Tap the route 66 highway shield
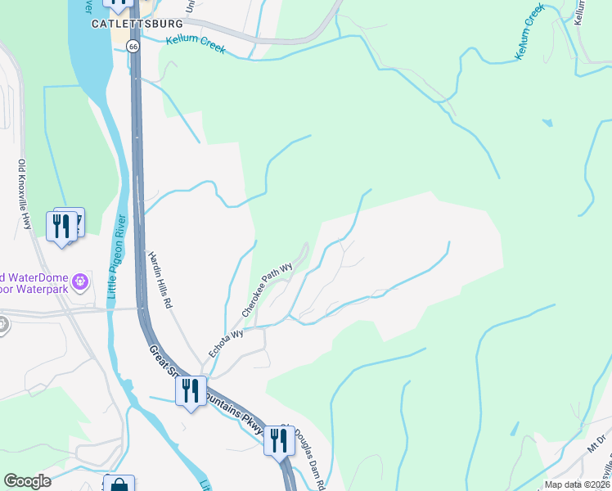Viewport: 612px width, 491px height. (x=133, y=47)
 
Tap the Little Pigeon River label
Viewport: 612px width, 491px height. (x=116, y=261)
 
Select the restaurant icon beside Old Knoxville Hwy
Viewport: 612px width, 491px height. (x=61, y=226)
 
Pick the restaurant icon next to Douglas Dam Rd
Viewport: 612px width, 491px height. (x=279, y=440)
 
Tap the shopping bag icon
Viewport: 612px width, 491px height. (x=119, y=485)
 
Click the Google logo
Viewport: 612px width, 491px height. (x=27, y=481)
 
